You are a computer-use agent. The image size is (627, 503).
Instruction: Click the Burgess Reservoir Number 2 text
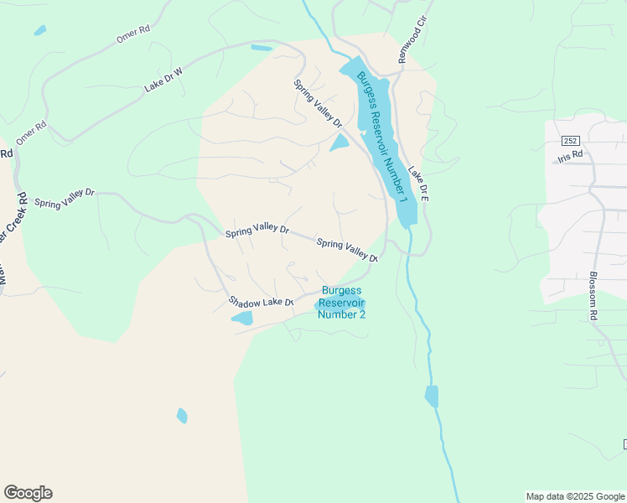344,303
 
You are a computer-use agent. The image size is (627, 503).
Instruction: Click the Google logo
28,492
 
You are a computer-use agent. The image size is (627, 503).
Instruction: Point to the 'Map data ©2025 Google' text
575,496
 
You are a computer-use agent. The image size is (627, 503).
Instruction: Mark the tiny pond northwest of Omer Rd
39,31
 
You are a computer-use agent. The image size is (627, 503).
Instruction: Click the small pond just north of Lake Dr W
261,48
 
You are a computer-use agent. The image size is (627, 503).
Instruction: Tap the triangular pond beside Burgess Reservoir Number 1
339,143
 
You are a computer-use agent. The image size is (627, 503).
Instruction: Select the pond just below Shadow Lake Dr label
242,318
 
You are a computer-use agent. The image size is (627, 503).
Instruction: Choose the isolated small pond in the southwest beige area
182,415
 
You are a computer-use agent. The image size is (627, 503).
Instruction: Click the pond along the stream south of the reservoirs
432,396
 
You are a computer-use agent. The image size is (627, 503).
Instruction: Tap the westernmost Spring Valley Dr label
65,197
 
